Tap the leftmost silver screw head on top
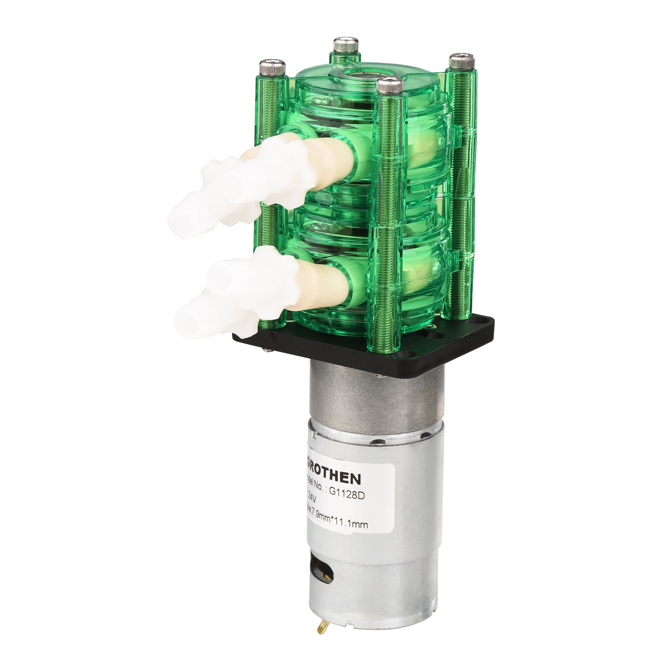[x=272, y=66]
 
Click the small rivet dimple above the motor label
[x=380, y=441]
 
